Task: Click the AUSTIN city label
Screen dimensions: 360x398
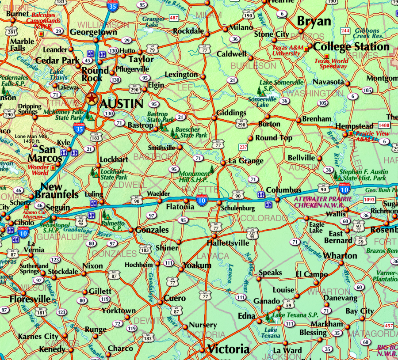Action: tap(122, 104)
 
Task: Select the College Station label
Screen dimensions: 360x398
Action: tap(351, 47)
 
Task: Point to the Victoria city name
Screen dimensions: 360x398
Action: tap(228, 349)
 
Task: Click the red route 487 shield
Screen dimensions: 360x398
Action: tap(174, 18)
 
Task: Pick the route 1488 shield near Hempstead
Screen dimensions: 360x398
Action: tap(384, 126)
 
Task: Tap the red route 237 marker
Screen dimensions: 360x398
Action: tap(243, 147)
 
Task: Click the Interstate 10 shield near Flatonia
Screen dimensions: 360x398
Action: tap(201, 200)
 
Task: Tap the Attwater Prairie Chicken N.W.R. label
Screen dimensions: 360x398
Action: tap(323, 202)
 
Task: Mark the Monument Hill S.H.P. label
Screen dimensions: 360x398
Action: tap(195, 177)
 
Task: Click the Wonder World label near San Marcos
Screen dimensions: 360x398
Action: tap(38, 170)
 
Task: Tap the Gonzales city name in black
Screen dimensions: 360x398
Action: tap(152, 230)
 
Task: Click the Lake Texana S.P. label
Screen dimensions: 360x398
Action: tap(295, 315)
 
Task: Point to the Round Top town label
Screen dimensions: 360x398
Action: tap(274, 138)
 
